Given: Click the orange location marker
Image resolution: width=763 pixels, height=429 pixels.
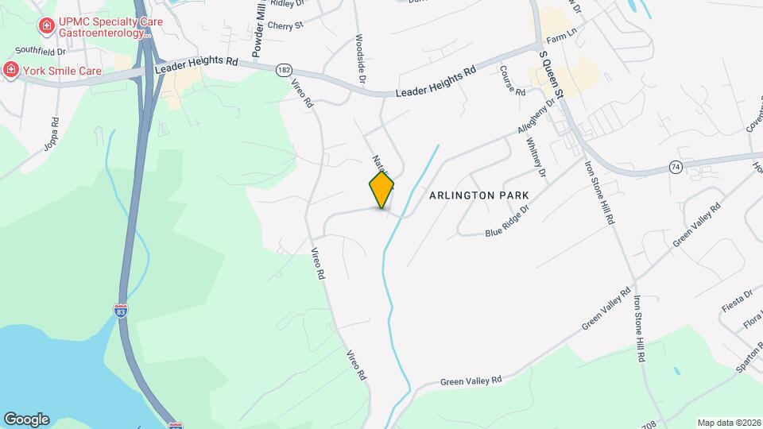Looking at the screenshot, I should coord(381,189).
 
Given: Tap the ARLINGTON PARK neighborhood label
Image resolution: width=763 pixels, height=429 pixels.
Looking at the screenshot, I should coord(478,195).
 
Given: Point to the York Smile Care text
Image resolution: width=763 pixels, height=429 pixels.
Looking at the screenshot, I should coord(62,71).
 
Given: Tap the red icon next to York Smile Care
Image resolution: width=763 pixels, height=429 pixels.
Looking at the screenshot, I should coord(11,70).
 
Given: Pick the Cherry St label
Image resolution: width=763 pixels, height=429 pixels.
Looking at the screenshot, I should coord(286,25).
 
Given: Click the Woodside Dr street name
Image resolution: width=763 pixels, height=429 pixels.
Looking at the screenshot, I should coord(360,60).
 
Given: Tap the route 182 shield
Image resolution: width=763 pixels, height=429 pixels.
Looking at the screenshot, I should coord(284,71).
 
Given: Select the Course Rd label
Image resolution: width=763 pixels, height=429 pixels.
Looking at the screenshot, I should coord(512,80).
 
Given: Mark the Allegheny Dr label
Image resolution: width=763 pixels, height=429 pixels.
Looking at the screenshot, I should coord(536,117).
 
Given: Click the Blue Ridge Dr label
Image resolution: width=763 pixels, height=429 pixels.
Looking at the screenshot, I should coord(507,225).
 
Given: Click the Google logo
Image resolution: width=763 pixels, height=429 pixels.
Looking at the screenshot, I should coord(26,419).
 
